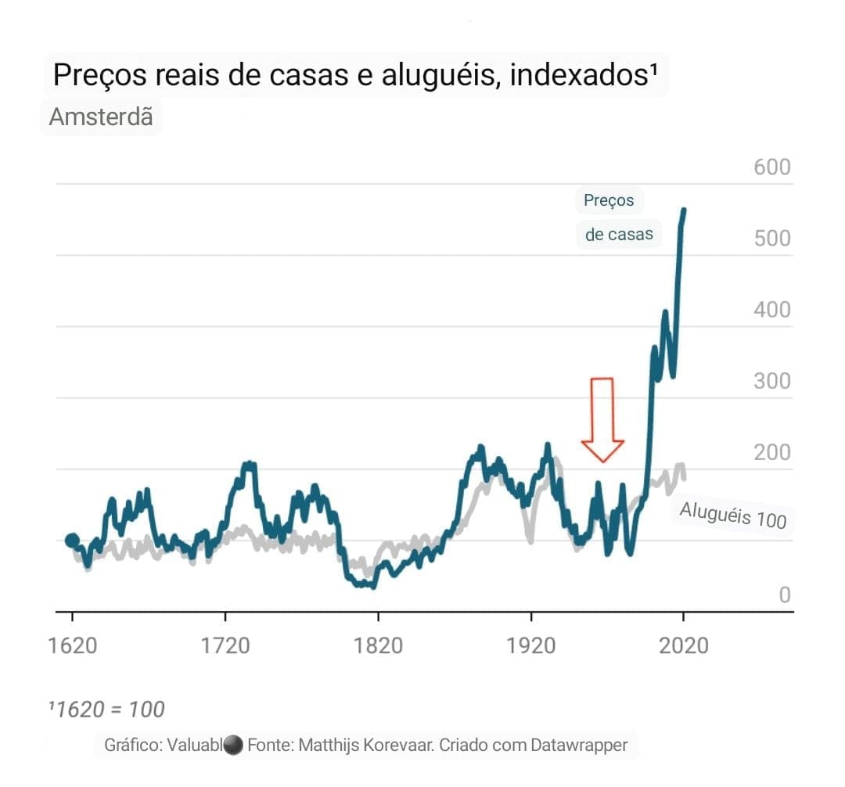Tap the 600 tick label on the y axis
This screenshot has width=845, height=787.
(x=772, y=167)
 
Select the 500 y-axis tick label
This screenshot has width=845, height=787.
(x=772, y=239)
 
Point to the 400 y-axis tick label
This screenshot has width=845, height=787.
(x=772, y=310)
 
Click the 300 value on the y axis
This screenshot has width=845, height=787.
(x=772, y=382)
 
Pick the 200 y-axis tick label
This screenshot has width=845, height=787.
(x=772, y=453)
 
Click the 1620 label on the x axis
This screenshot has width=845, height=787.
(x=72, y=645)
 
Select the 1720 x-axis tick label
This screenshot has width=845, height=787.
(x=225, y=645)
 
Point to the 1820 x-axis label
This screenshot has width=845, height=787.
(x=378, y=645)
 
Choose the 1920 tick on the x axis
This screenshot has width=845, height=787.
(x=531, y=645)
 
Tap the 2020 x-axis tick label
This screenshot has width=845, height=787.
(x=683, y=645)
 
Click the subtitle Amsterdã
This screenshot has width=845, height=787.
(x=101, y=117)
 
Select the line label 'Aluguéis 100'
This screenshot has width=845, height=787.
(x=732, y=516)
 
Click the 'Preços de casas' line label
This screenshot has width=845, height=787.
(x=617, y=217)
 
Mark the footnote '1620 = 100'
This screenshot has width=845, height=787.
(x=106, y=710)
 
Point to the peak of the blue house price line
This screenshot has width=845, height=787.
(x=684, y=210)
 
